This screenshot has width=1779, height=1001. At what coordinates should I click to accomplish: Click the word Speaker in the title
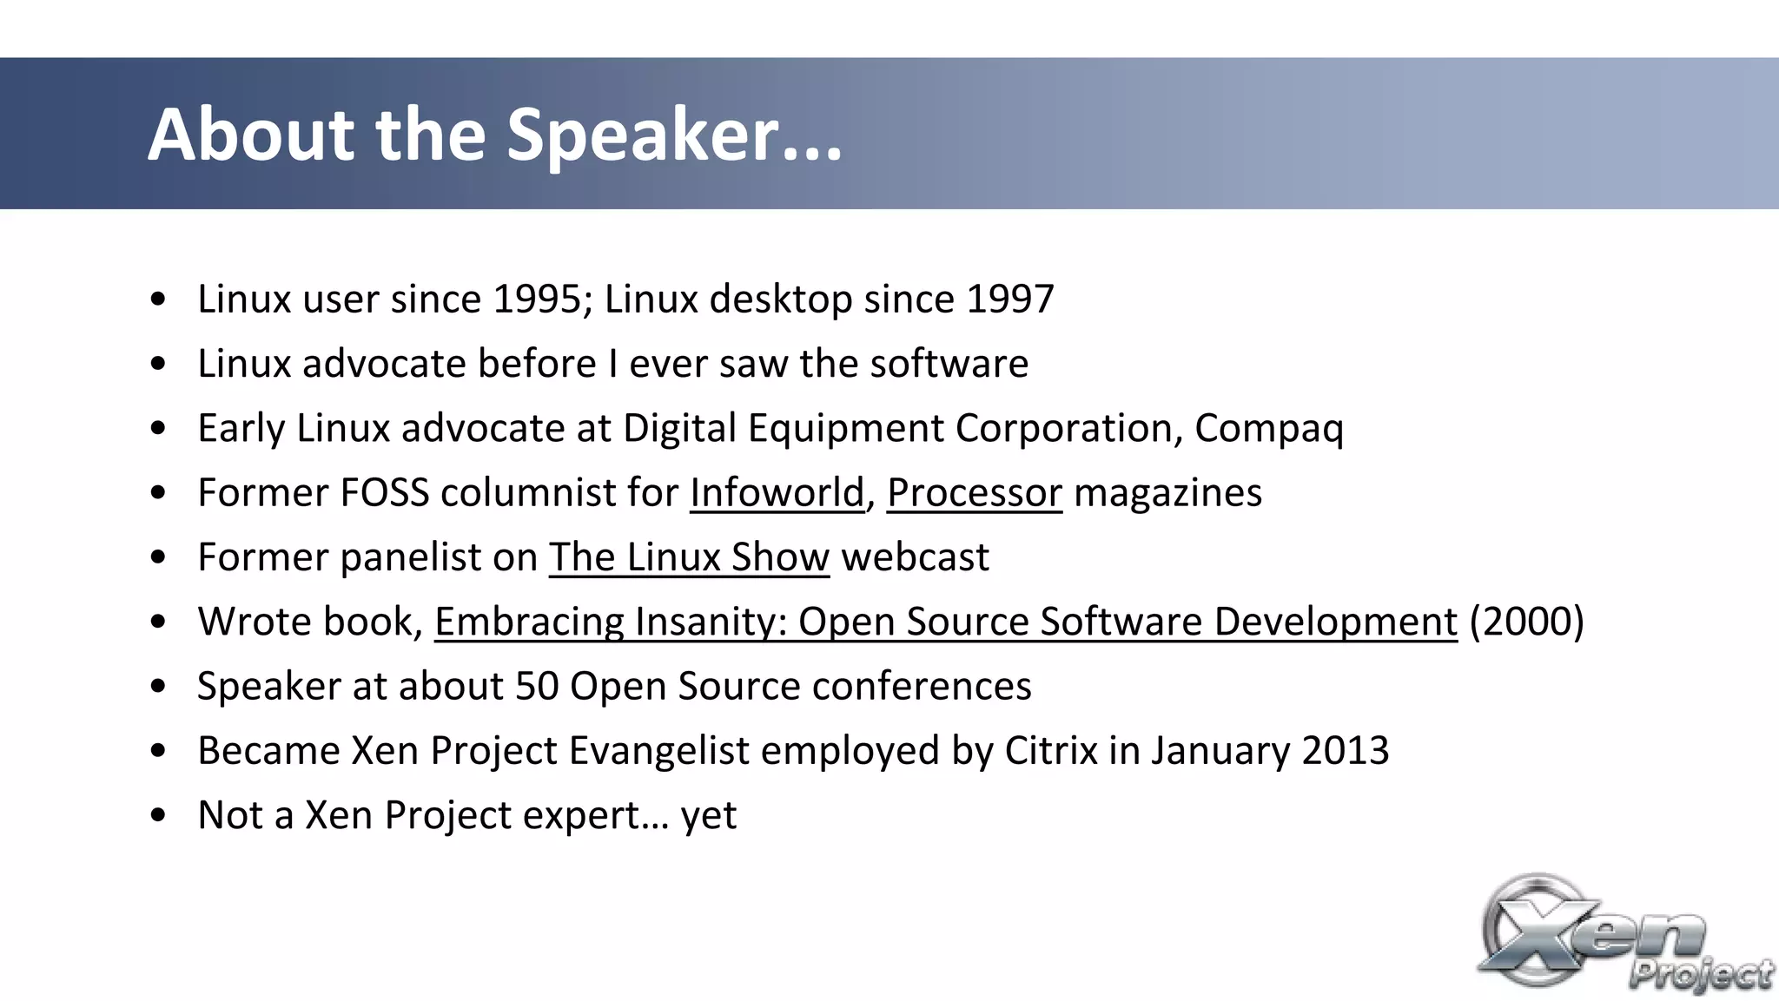pos(643,135)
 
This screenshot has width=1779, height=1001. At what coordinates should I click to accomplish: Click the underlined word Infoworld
pos(777,493)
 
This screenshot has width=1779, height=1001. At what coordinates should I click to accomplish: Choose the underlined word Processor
pos(975,493)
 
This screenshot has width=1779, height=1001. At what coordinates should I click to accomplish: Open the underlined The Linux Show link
pos(689,557)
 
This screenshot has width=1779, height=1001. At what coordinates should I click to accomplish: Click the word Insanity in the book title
pos(711,622)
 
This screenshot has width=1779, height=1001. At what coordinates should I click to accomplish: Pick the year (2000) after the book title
pos(1526,622)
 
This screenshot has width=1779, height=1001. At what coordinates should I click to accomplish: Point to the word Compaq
pos(1268,429)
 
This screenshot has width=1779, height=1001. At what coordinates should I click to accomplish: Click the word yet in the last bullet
pos(708,816)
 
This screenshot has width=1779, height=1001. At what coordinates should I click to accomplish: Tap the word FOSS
pos(384,493)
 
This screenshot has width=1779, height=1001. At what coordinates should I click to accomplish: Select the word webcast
pos(915,557)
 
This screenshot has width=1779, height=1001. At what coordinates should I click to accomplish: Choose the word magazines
pos(1167,493)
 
